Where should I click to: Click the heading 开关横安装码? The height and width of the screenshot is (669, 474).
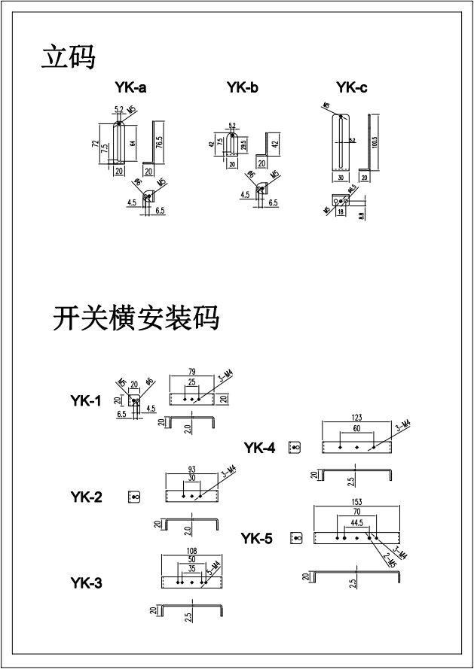tap(136, 318)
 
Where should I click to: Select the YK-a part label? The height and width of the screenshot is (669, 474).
tap(130, 88)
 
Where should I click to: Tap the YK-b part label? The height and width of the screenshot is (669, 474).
tap(242, 88)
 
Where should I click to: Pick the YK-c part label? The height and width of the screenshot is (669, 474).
tap(352, 88)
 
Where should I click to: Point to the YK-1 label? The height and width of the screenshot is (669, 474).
tap(86, 401)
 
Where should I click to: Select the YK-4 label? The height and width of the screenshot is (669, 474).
tap(259, 449)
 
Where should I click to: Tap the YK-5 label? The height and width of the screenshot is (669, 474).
tap(257, 539)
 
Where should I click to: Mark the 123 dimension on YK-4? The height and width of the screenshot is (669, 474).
tap(356, 417)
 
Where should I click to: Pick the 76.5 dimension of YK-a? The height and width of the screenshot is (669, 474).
tap(160, 141)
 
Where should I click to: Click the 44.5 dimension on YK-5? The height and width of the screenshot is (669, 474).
tap(356, 522)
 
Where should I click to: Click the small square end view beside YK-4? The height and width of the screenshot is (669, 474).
tap(295, 448)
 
